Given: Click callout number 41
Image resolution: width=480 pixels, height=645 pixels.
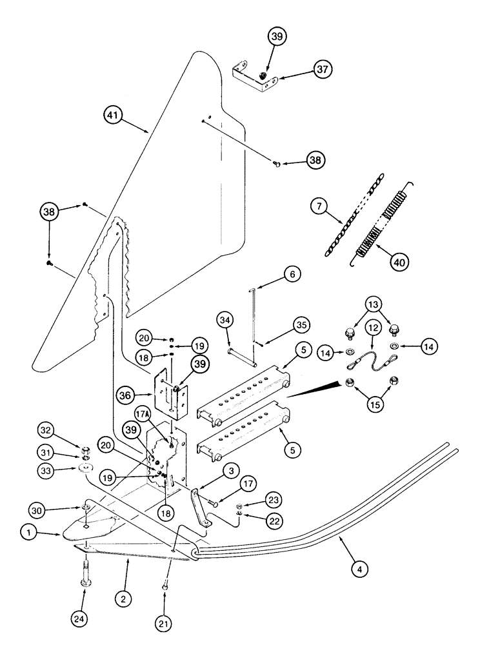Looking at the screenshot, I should click(114, 116).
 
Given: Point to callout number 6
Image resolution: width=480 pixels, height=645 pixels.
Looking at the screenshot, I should click(291, 275).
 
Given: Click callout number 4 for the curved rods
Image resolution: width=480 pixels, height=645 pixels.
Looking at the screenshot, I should click(361, 569).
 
